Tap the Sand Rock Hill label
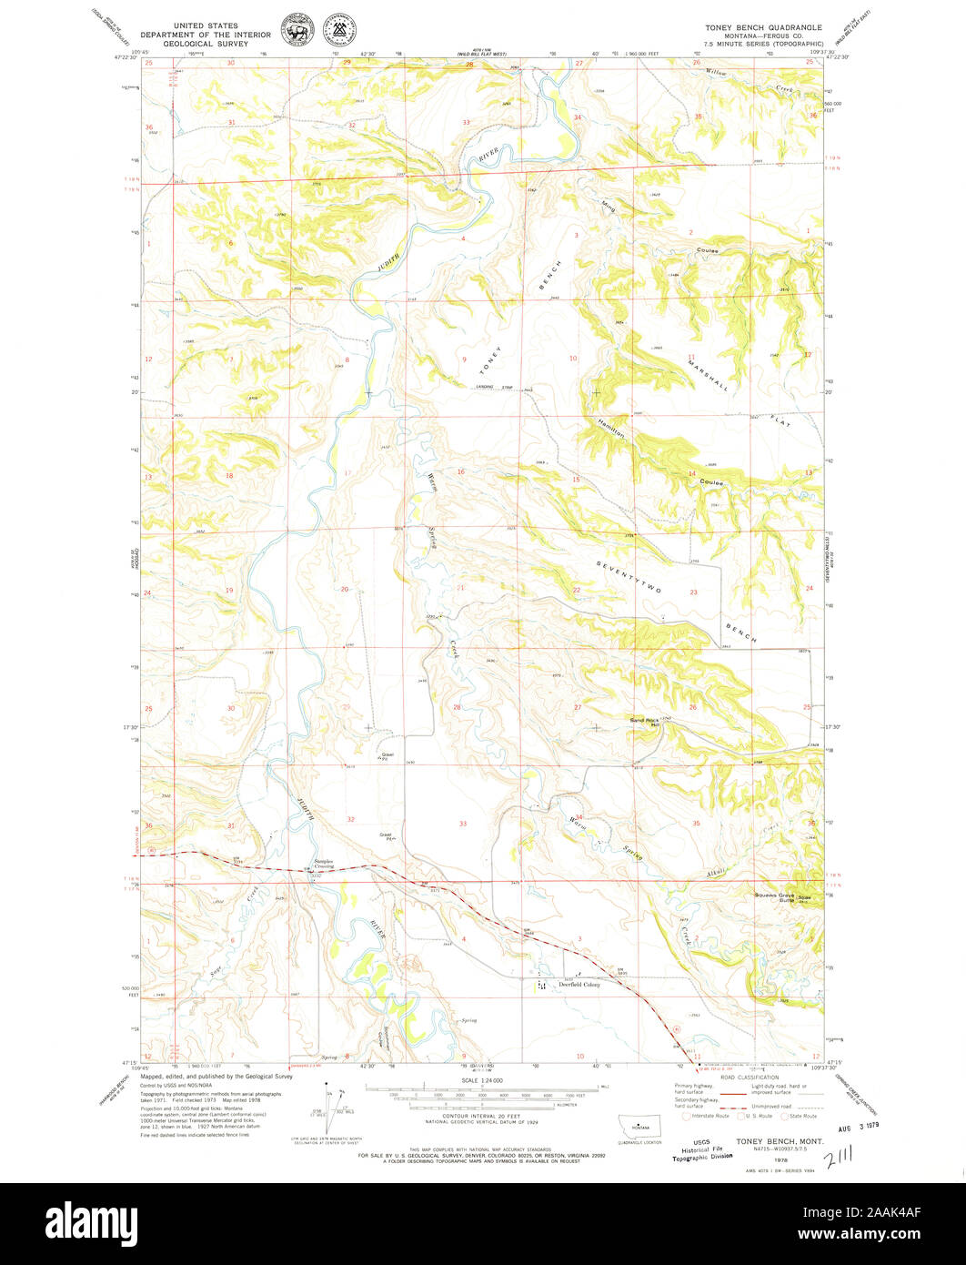(644, 722)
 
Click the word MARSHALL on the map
(708, 373)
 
